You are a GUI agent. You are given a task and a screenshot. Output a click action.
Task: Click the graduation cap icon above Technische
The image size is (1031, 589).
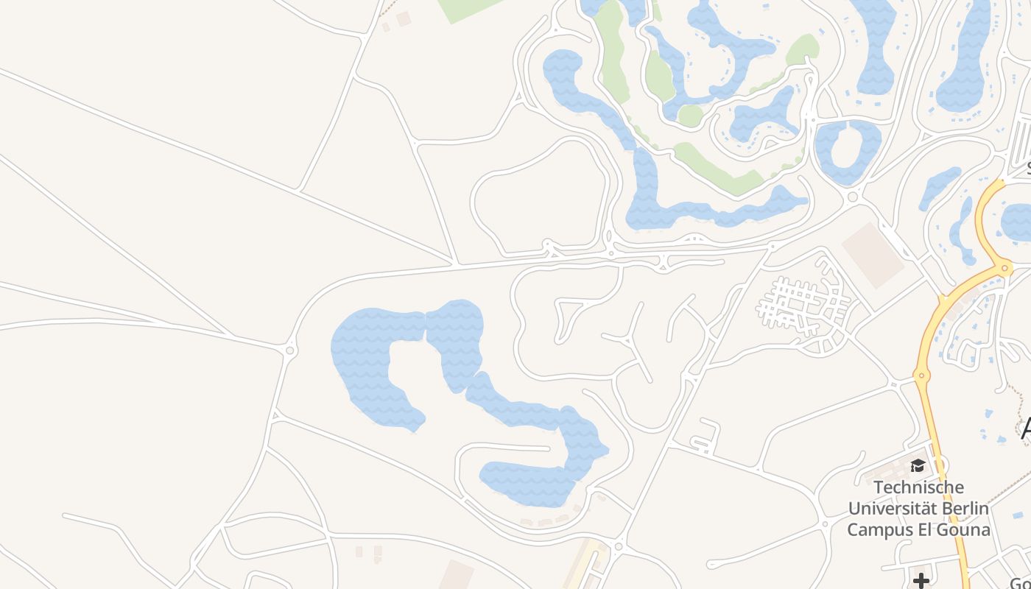pos(918,465)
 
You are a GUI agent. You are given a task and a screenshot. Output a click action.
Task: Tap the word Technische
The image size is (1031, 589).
pos(918,487)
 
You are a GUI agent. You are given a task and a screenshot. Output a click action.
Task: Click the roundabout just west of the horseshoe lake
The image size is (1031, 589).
pos(289,350)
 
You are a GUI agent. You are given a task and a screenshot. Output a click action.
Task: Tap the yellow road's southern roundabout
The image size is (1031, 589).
pos(921,375)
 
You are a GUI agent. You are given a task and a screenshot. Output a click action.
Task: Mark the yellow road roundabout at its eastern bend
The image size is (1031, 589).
pos(1005,269)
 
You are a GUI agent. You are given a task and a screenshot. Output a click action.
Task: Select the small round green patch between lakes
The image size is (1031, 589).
pos(690,116)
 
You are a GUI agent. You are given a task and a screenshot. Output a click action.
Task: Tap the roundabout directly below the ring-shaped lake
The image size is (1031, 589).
pos(853,197)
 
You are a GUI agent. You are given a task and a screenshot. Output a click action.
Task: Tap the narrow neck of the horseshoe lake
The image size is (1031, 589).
pos(426,326)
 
